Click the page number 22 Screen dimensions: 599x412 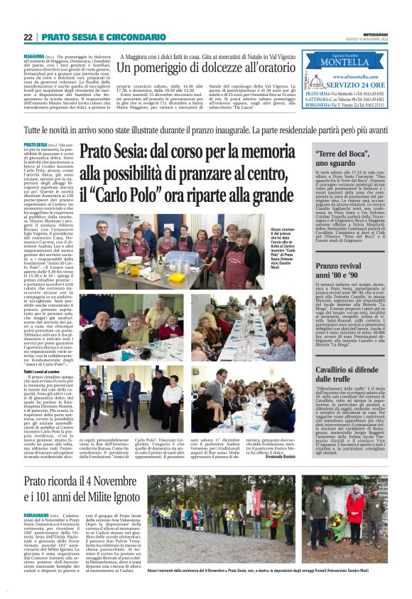(28, 37)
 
